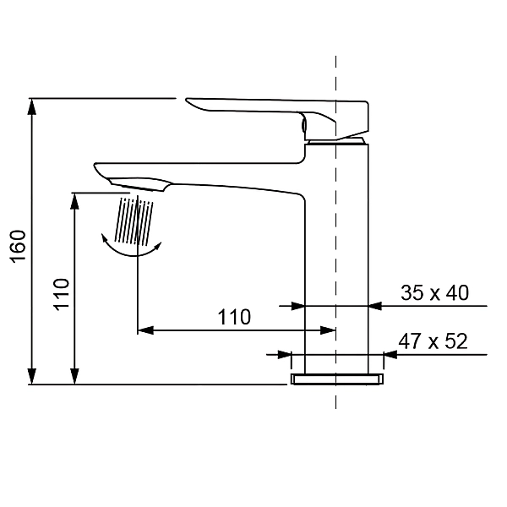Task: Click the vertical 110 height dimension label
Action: tap(62, 293)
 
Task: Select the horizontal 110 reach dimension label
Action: tap(234, 317)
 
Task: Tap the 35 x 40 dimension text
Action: tap(433, 293)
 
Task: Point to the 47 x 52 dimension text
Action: tap(433, 341)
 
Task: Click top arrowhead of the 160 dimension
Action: tap(32, 106)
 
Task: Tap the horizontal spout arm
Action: tap(211, 175)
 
